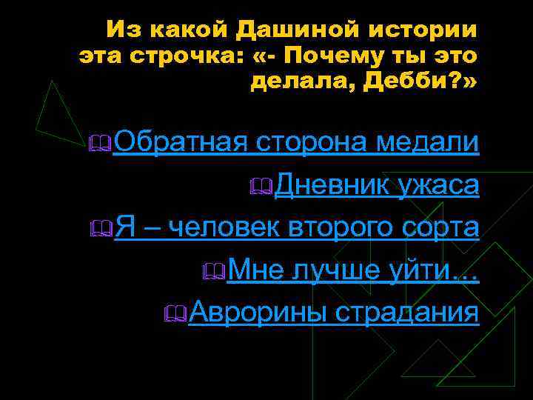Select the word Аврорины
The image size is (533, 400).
pos(257,313)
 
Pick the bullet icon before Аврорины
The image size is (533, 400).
pos(177,316)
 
